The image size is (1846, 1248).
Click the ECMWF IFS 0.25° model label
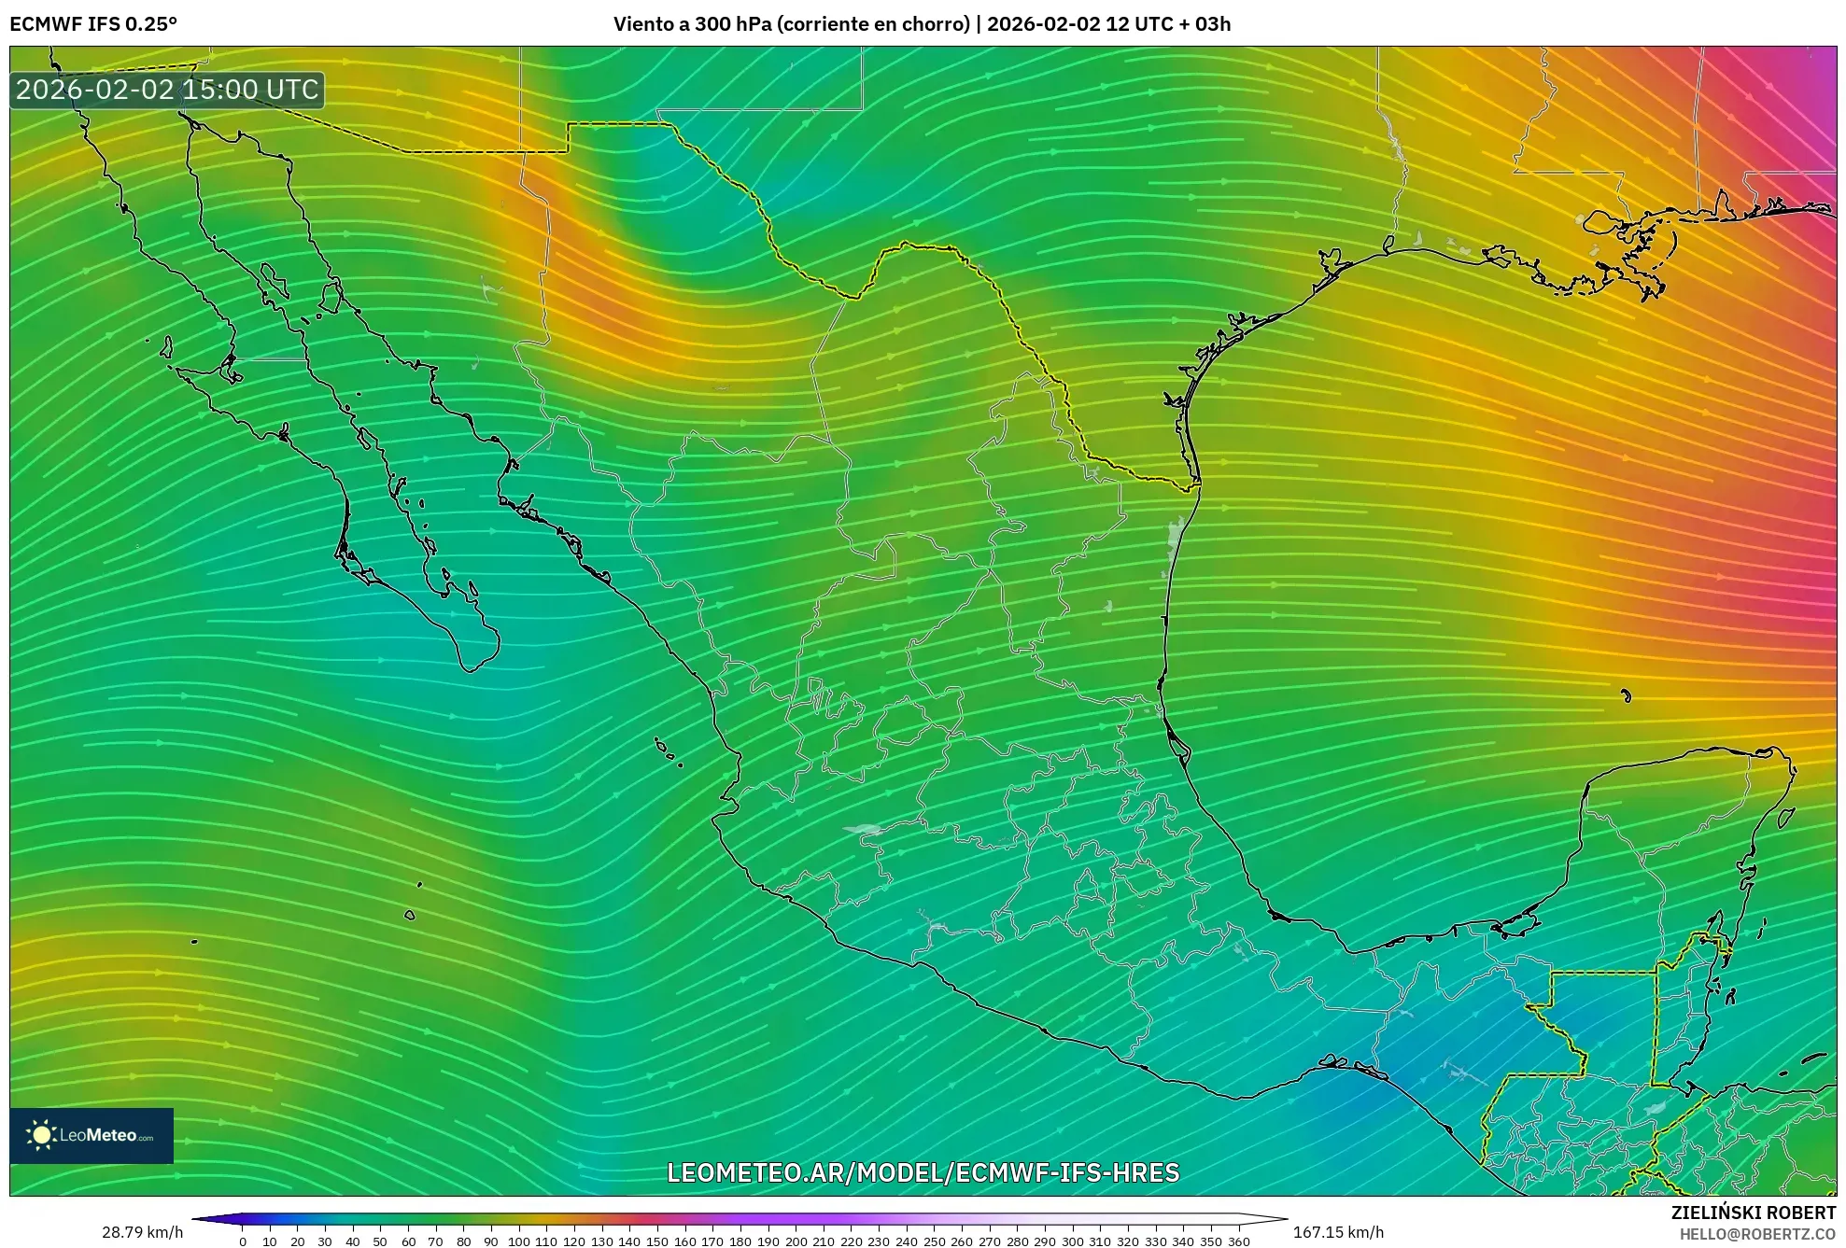coord(92,24)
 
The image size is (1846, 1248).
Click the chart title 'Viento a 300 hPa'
coord(691,24)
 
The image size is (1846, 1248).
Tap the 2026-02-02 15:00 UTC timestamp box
coord(167,90)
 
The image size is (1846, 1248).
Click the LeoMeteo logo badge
coord(92,1135)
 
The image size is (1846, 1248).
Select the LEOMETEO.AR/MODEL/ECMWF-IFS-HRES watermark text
coord(923,1172)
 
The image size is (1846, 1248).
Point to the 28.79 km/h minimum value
coord(142,1232)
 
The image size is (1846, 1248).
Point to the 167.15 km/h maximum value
coord(1338,1232)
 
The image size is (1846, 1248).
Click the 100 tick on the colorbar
coord(519,1241)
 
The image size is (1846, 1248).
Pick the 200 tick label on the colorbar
coord(796,1241)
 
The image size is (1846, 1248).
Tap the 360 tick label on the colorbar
coord(1238,1241)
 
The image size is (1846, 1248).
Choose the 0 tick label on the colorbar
coord(243,1241)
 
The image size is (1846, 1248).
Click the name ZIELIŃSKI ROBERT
coord(1753,1213)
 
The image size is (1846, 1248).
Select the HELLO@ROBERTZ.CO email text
coord(1757,1234)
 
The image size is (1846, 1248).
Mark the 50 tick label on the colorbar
coord(381,1241)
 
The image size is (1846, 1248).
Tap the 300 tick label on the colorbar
coord(1072,1241)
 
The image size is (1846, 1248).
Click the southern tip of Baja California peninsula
coord(471,668)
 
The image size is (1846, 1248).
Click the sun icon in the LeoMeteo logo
coord(41,1135)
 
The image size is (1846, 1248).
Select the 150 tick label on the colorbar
coord(657,1241)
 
